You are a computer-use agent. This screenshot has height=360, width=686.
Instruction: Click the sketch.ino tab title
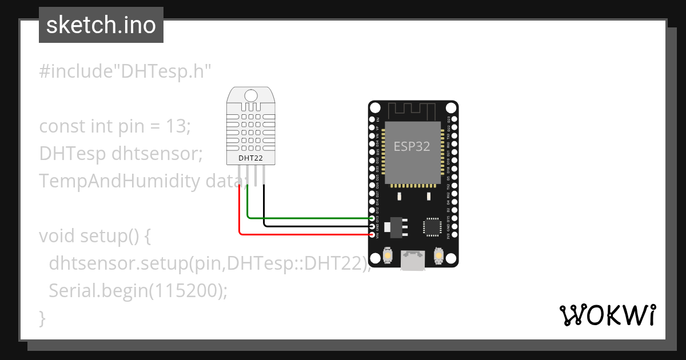click(x=101, y=25)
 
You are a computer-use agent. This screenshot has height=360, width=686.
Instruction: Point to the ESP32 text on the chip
click(x=412, y=146)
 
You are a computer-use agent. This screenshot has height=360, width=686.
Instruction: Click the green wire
click(x=309, y=218)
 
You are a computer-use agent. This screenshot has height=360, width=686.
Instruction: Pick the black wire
click(x=314, y=226)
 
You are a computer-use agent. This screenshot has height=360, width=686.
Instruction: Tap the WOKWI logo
click(x=607, y=315)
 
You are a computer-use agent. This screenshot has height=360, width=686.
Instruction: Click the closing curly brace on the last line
click(x=42, y=318)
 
